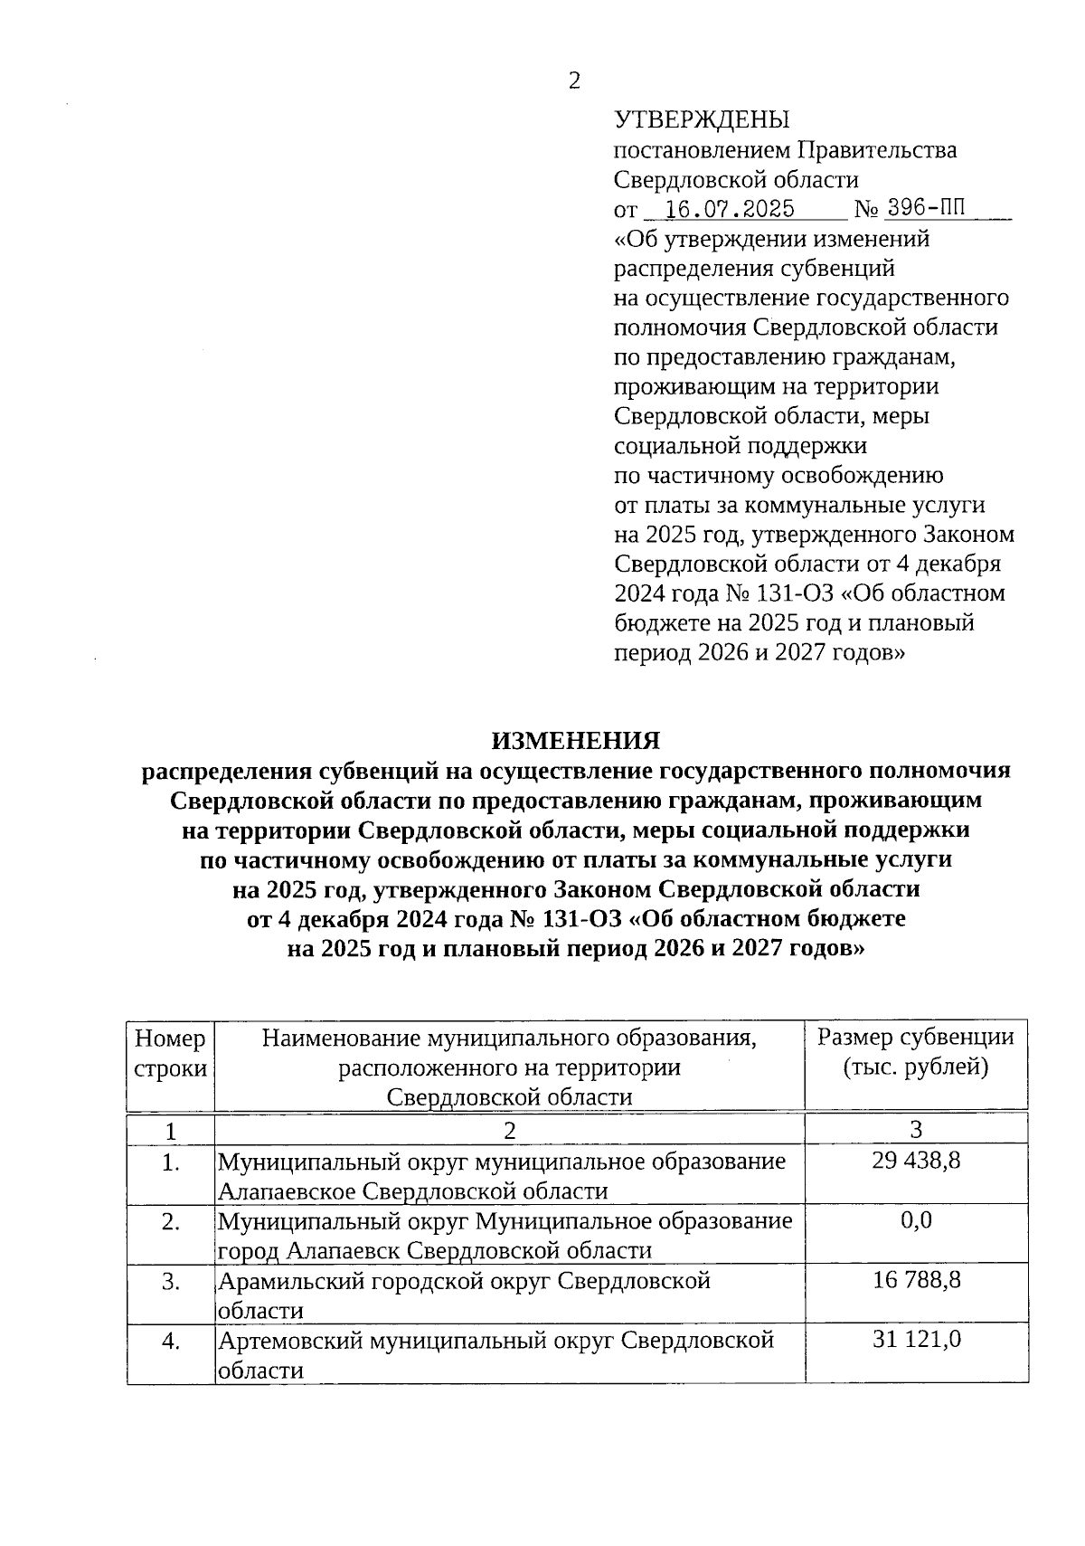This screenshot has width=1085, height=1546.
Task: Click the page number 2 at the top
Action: tap(574, 81)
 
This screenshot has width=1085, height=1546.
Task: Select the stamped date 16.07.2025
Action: tap(730, 210)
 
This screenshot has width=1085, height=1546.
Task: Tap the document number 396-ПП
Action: tap(926, 208)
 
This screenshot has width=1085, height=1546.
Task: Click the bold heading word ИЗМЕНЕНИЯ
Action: tap(576, 741)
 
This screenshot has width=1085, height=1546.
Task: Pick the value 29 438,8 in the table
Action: tap(916, 1161)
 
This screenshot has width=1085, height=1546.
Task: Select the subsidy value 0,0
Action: tap(916, 1220)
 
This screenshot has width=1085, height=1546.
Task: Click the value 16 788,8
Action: tap(916, 1280)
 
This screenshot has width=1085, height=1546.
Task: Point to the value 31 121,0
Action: tap(916, 1340)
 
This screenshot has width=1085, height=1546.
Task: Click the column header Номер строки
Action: tap(170, 1052)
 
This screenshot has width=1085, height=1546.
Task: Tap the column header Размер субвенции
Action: tap(916, 1038)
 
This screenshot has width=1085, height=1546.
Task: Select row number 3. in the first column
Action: tap(170, 1281)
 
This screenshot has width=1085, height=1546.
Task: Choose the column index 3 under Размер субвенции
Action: tap(916, 1129)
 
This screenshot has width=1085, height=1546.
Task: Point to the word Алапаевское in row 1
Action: tap(287, 1191)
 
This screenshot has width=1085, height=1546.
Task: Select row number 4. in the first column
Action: tap(170, 1341)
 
